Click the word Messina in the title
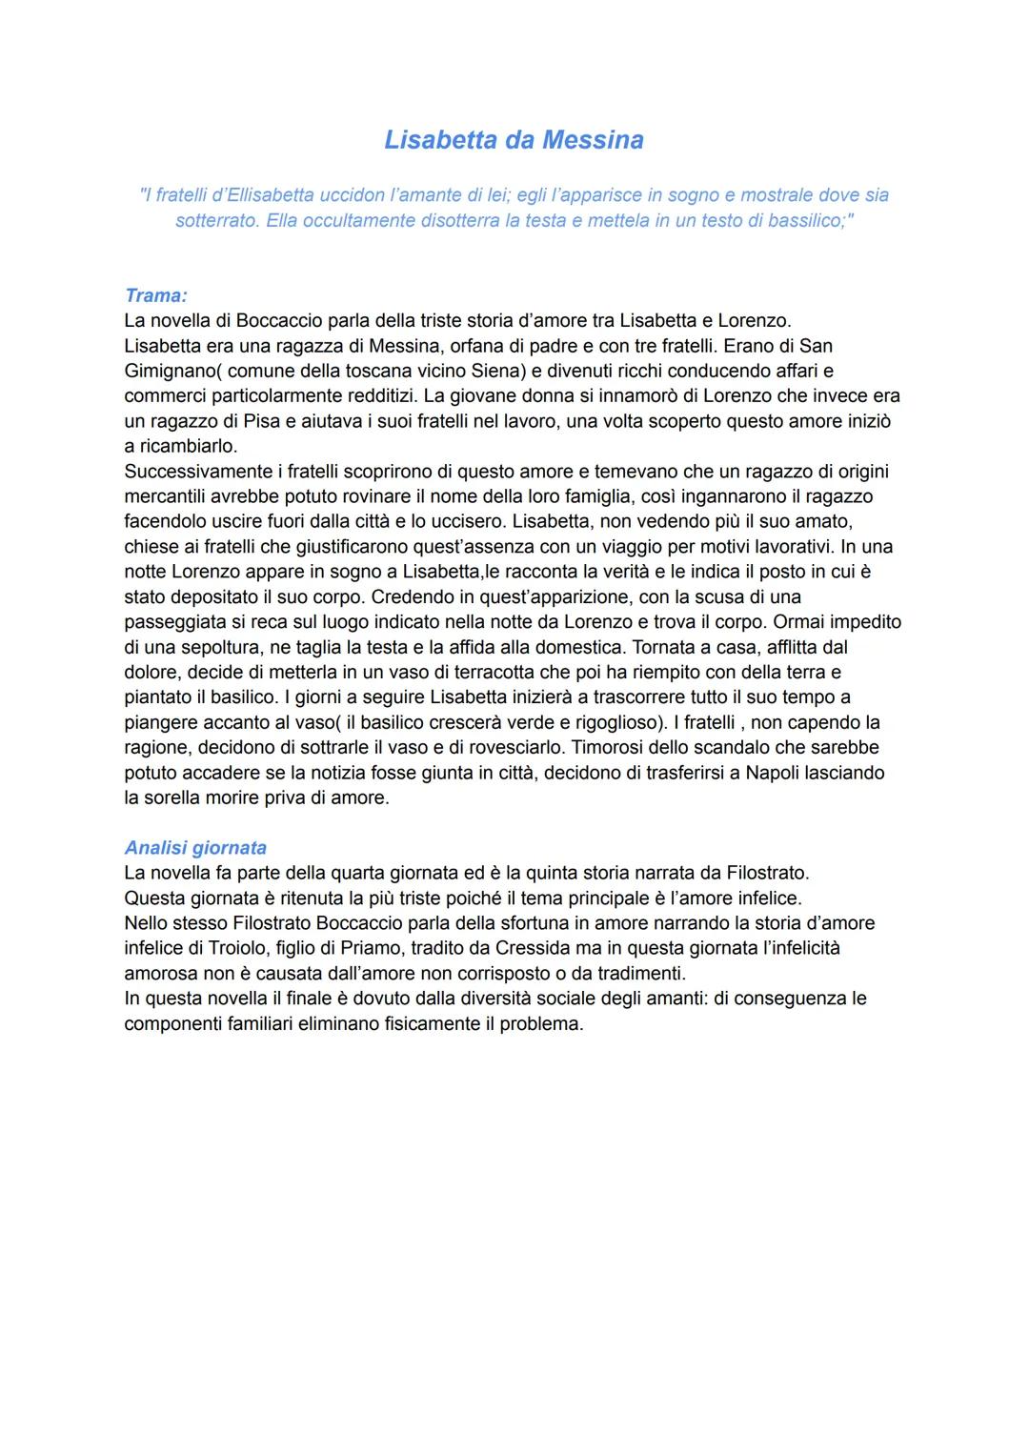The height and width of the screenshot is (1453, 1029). [x=593, y=140]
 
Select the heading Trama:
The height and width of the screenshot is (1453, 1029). [x=155, y=295]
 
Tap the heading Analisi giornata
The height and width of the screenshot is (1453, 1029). [x=195, y=847]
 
